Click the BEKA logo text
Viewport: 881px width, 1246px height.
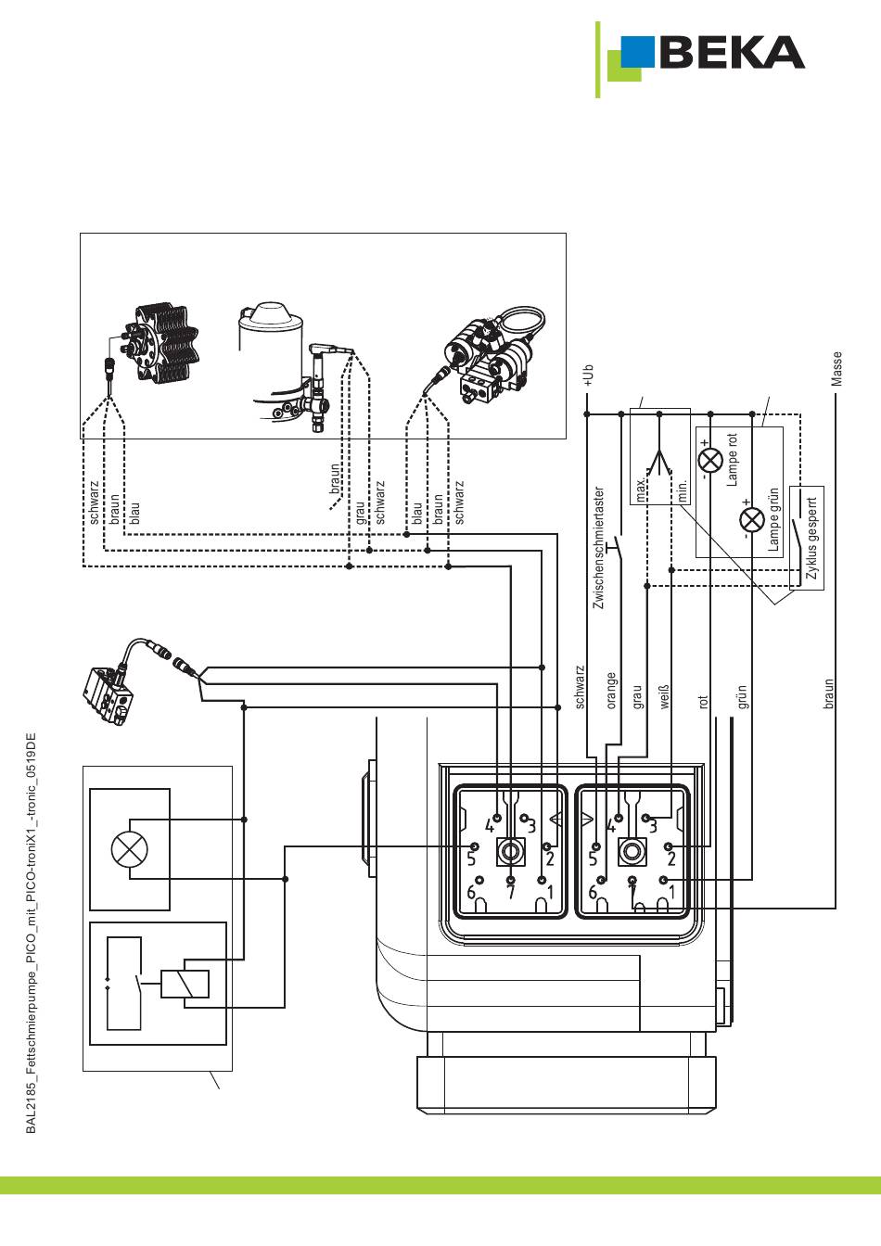[732, 52]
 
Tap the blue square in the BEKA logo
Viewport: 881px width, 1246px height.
[637, 52]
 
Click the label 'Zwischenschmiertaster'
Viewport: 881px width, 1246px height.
[599, 548]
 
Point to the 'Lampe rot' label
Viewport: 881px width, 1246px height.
[733, 460]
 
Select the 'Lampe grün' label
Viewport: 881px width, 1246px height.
[773, 519]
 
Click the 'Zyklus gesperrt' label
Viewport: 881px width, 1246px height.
[812, 538]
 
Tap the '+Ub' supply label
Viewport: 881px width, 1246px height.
[588, 375]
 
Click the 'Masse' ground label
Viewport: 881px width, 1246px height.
[836, 369]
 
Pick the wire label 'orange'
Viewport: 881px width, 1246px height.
[611, 691]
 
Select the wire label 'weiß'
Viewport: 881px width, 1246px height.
[664, 697]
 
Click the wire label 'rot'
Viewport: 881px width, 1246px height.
[703, 702]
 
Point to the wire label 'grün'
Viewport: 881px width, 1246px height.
[742, 696]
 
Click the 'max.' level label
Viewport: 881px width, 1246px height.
[641, 489]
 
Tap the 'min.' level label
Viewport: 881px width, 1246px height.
[683, 490]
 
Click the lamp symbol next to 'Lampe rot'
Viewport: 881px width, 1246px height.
[710, 460]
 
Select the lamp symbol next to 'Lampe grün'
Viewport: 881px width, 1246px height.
[752, 520]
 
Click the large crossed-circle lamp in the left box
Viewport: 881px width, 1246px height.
[130, 849]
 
